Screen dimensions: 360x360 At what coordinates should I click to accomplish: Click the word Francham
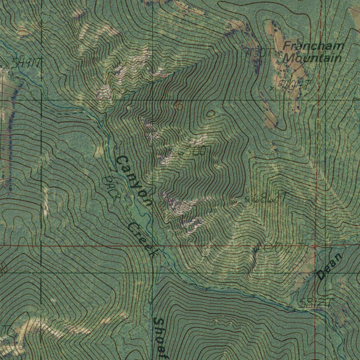[x=314, y=46]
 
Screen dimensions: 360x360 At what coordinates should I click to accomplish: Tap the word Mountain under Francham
[x=313, y=58]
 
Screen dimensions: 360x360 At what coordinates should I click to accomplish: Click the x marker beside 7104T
[x=272, y=88]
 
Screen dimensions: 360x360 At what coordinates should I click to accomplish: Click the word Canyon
[x=134, y=181]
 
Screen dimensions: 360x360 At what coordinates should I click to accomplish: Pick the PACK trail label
[x=110, y=188]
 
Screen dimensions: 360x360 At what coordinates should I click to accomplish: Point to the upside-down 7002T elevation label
[x=278, y=248]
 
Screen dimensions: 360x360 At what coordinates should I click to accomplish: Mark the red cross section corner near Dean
[x=315, y=246]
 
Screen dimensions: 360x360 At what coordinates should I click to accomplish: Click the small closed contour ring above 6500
[x=179, y=106]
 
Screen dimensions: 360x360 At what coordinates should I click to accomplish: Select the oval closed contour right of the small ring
[x=211, y=113]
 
